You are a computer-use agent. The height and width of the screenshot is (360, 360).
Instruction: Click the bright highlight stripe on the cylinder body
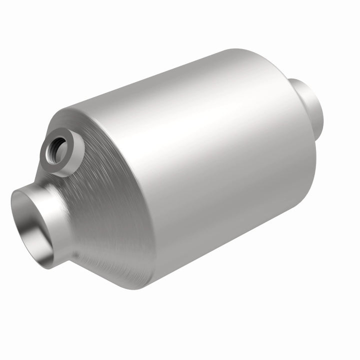point(200,130)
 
